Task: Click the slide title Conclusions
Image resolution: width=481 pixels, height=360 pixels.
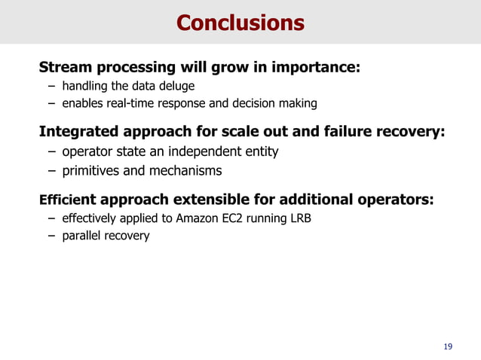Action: coord(240,23)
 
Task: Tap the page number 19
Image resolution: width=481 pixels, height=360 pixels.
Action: coord(449,346)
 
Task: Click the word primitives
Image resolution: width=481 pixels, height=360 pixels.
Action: coord(92,171)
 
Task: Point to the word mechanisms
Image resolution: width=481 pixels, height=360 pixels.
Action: coord(185,171)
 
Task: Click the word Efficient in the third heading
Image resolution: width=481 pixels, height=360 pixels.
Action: coord(66,200)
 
